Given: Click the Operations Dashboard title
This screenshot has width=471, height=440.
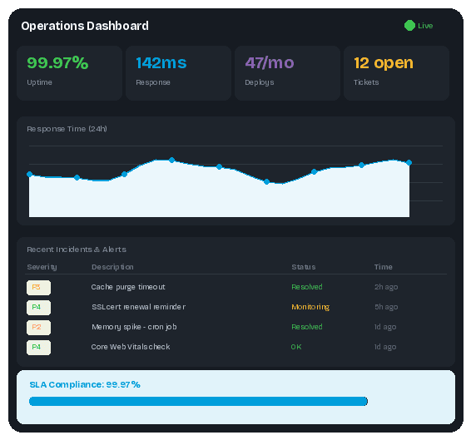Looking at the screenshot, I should coord(85,26).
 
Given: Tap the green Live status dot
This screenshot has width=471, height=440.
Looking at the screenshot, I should coord(409,26).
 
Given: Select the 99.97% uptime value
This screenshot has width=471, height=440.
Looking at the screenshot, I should coord(57,62).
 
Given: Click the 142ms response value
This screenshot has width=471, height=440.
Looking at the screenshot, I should coord(161,62).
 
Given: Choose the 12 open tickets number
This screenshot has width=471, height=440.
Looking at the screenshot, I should coord(383,62).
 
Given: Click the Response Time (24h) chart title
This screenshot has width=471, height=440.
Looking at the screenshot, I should coord(67,129).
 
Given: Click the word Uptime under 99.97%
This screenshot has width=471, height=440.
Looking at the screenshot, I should coord(39,82).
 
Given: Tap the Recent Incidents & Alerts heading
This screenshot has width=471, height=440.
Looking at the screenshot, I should coord(77,249).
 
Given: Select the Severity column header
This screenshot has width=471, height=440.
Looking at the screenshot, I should coord(42,267).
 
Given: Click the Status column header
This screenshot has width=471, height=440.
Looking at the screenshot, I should coord(303,267).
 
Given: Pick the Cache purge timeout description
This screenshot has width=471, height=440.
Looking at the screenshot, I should coord(128,287).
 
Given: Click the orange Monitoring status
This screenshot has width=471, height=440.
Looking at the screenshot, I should coord(310,307).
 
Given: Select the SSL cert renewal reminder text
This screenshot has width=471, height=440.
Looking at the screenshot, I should coord(138,307).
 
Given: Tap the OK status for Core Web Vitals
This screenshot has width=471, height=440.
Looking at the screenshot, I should coord(296,347).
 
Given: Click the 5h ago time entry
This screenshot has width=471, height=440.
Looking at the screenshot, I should coord(385,307).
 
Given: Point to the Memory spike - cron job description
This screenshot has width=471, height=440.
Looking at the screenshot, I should coord(134,327).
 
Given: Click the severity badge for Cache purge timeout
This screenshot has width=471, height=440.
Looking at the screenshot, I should coord(38,287).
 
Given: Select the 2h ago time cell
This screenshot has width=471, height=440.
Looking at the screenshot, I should coord(385,287).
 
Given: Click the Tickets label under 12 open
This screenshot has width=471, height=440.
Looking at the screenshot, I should coord(366,82).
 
